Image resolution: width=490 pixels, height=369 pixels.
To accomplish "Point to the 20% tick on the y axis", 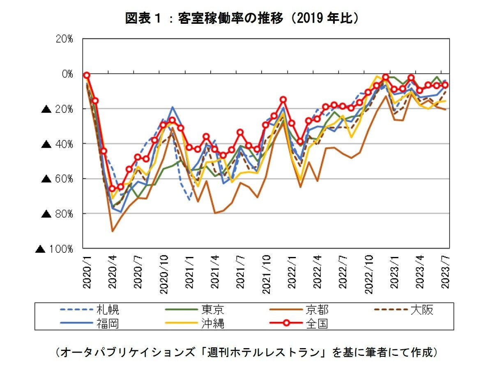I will click(x=64, y=39).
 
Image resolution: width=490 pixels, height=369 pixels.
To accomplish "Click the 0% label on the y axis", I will click(x=67, y=74).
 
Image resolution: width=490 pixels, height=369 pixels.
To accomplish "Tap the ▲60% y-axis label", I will click(x=58, y=179).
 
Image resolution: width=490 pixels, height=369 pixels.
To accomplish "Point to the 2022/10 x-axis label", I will click(x=369, y=274).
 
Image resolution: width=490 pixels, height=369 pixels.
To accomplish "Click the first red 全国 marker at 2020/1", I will click(x=87, y=75).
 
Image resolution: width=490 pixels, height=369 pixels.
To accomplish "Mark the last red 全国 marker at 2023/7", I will click(x=445, y=85).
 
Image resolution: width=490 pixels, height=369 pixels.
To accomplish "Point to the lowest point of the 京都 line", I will click(x=113, y=231).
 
